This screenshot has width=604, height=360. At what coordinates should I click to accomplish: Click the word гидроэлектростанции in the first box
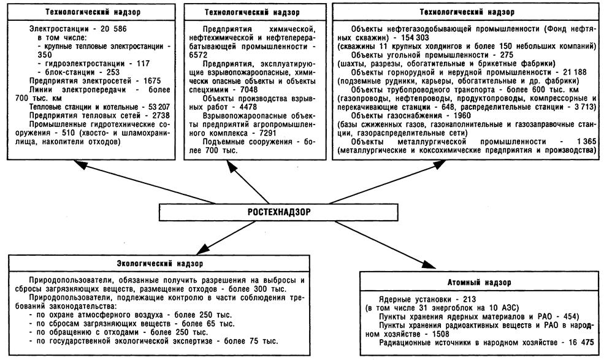tap(77, 63)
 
